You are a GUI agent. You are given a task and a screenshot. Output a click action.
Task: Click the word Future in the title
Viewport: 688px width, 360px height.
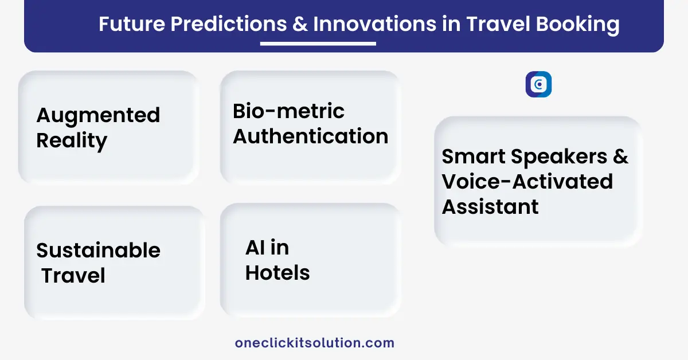(x=132, y=24)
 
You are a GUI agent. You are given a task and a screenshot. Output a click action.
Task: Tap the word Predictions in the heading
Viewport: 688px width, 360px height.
(x=229, y=24)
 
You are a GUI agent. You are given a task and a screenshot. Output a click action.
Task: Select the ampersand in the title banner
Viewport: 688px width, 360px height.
(x=300, y=24)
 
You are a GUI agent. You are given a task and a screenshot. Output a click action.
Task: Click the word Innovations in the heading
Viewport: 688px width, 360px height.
(x=375, y=24)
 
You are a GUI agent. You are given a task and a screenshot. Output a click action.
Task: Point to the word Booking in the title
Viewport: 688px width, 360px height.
(x=577, y=25)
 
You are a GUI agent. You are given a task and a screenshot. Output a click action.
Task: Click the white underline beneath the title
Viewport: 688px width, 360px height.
(x=318, y=44)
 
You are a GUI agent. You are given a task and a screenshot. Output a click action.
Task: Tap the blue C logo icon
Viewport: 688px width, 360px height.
(x=538, y=84)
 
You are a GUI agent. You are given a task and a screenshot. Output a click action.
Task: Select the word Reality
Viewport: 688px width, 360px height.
(x=72, y=141)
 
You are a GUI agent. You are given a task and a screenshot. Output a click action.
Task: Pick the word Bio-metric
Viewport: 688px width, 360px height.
(x=289, y=111)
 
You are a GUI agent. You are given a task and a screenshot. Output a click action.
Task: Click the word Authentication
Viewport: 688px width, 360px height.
(x=311, y=136)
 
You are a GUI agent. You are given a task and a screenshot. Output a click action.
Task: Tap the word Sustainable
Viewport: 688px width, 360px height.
(x=98, y=250)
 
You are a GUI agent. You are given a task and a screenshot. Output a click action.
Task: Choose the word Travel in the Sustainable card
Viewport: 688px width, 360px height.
(x=73, y=275)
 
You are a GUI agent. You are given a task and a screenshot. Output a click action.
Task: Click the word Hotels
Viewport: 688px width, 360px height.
(x=277, y=272)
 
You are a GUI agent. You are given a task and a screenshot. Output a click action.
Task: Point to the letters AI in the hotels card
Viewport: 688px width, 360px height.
(x=255, y=247)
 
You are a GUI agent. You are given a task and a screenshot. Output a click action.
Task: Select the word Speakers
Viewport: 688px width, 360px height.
(x=559, y=157)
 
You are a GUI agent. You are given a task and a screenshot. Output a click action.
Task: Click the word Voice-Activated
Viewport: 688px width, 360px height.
(x=527, y=181)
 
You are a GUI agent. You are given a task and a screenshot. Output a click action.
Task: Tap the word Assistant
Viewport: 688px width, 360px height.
(x=490, y=206)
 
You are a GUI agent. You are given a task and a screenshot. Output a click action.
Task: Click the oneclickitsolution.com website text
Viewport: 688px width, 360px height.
(x=315, y=343)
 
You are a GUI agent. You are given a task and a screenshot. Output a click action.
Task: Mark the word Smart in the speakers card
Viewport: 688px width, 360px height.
(x=474, y=156)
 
